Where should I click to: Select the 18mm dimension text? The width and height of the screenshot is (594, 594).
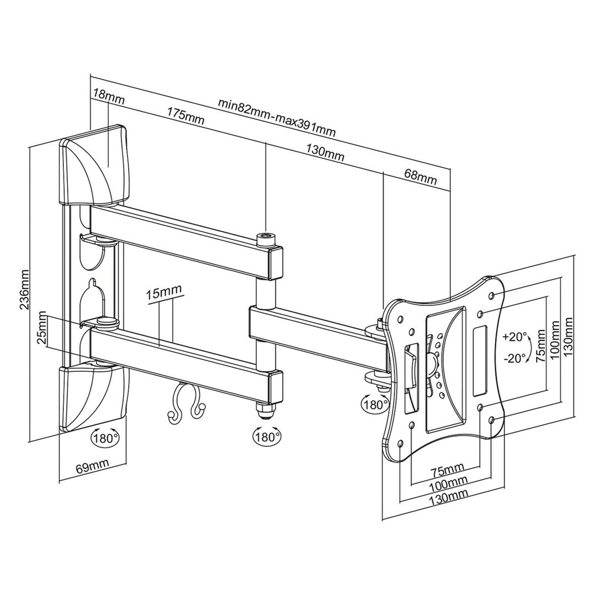click(108, 94)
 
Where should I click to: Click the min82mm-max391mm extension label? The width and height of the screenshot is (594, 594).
click(278, 119)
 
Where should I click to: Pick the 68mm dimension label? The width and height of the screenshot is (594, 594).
click(420, 176)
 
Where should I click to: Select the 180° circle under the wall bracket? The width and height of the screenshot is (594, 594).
click(104, 438)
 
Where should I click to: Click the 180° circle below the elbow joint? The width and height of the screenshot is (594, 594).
click(268, 437)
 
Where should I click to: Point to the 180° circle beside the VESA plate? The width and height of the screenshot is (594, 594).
click(374, 403)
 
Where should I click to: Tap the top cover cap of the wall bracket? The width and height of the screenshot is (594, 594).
click(94, 166)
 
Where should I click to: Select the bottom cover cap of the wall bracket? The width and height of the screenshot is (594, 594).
click(94, 396)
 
